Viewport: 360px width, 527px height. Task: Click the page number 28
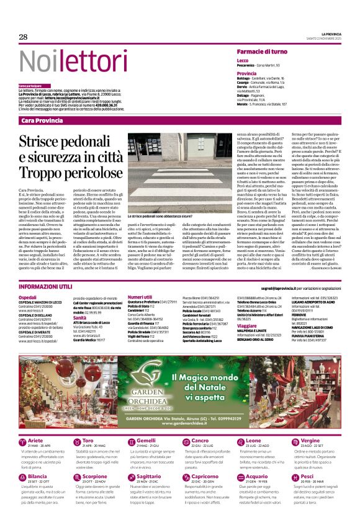pos(23,37)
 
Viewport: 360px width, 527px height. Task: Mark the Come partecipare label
pos(30,85)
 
